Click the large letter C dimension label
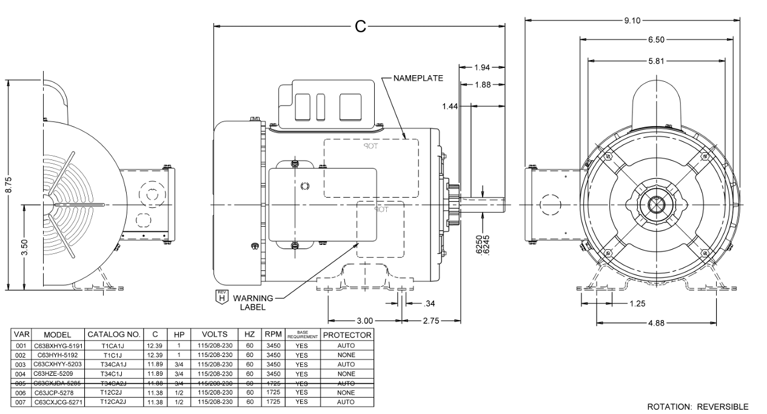pyautogui.click(x=360, y=26)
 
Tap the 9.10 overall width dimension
pyautogui.click(x=631, y=21)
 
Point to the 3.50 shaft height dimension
pyautogui.click(x=25, y=247)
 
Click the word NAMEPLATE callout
pyautogui.click(x=418, y=78)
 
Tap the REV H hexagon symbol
pyautogui.click(x=221, y=297)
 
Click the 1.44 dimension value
pyautogui.click(x=450, y=106)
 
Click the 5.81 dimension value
pyautogui.click(x=657, y=61)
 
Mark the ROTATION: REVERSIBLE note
pyautogui.click(x=698, y=407)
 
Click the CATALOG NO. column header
pyautogui.click(x=115, y=335)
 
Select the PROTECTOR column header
pyautogui.click(x=347, y=335)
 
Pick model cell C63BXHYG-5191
pyautogui.click(x=58, y=346)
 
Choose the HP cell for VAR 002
pyautogui.click(x=179, y=355)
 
